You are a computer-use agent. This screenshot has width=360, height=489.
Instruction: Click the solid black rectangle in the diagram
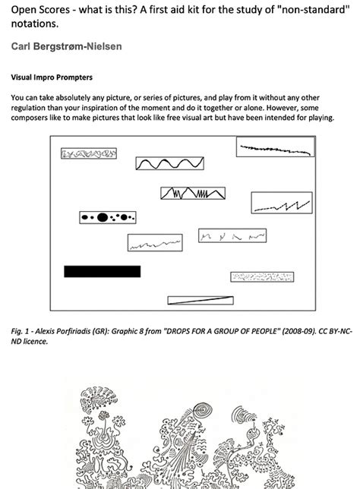(102, 271)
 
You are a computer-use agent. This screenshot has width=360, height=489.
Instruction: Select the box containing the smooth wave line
(169, 163)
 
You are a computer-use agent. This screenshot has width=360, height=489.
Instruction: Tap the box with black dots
(107, 218)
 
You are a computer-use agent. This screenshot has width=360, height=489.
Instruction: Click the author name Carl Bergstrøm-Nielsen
(66, 47)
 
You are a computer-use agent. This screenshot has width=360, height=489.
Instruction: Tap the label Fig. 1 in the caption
(22, 332)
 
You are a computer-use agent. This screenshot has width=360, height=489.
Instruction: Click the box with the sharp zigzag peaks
(193, 194)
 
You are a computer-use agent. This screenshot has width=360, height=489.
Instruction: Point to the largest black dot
(101, 218)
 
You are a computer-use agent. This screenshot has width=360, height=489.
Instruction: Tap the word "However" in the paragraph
(290, 108)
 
